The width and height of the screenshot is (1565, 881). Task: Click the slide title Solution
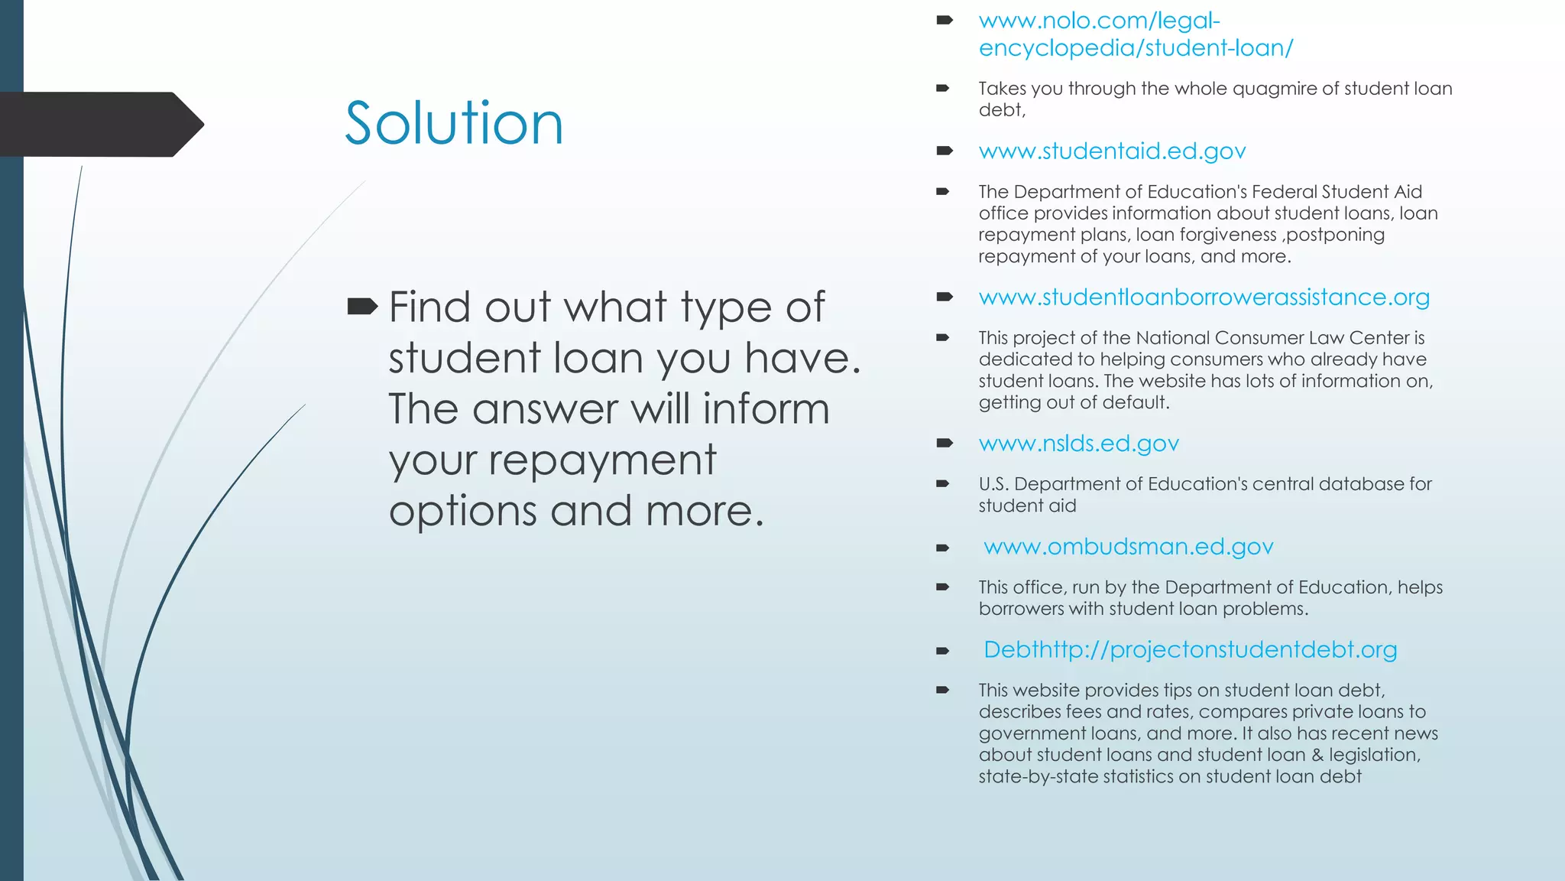(x=454, y=124)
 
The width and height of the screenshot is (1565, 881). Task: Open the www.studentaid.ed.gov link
(x=1112, y=151)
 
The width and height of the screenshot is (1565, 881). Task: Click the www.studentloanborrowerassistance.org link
(x=1204, y=297)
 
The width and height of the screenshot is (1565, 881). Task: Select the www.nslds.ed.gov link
(x=1078, y=444)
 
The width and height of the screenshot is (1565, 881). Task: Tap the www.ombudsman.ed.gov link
(x=1128, y=547)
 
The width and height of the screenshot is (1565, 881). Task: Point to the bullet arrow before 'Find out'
(x=362, y=307)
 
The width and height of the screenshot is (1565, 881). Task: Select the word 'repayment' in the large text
(x=602, y=460)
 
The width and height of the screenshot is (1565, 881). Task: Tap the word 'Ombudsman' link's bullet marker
(x=943, y=548)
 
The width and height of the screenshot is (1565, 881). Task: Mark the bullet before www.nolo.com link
(x=945, y=21)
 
